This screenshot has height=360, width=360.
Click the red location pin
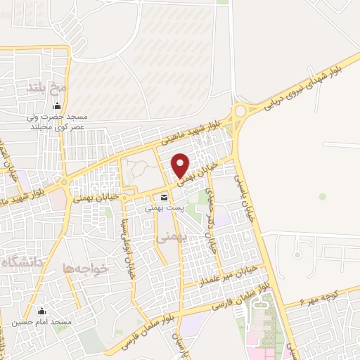point(181,165)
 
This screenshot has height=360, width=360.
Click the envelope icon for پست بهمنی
point(164,197)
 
